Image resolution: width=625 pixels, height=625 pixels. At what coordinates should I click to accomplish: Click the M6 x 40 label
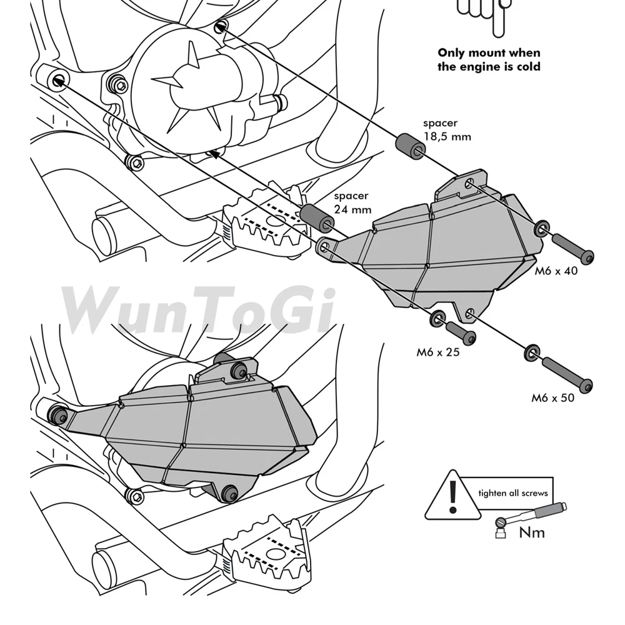click(556, 271)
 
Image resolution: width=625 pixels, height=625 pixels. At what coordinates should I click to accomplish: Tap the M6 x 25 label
click(438, 352)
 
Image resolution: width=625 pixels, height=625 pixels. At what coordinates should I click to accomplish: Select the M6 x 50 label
click(552, 397)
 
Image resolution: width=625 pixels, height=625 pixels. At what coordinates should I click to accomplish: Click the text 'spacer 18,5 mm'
click(446, 130)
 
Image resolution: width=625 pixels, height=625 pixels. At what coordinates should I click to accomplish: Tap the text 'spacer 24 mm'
click(352, 202)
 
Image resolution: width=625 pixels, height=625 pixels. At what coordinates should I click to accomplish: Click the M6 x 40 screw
click(572, 247)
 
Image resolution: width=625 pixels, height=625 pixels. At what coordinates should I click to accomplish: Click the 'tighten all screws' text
click(512, 493)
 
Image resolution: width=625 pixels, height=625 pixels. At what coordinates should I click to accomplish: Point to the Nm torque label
click(532, 532)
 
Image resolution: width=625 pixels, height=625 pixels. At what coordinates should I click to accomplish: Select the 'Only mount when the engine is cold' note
click(489, 60)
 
